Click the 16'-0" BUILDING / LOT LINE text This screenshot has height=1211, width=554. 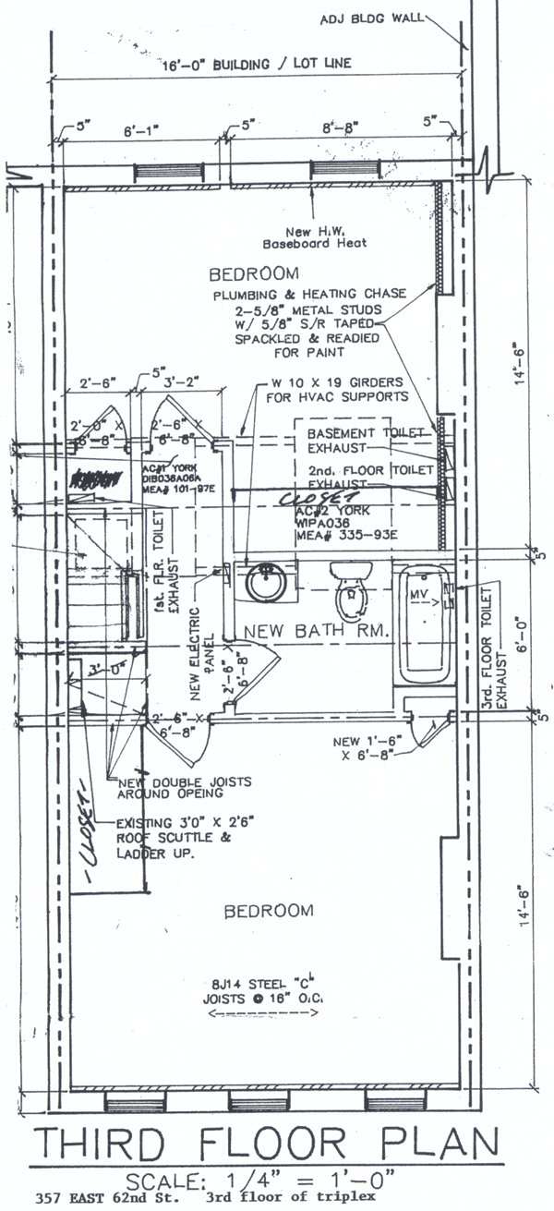(x=246, y=66)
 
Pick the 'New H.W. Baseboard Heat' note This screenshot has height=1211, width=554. (x=314, y=236)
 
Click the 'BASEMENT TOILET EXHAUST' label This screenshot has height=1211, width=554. (x=366, y=441)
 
